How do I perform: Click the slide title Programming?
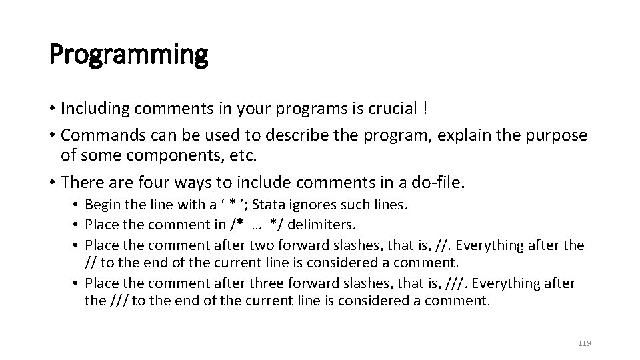click(129, 54)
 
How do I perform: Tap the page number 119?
click(584, 343)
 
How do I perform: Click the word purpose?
click(555, 135)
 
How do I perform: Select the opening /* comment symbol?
click(233, 225)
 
